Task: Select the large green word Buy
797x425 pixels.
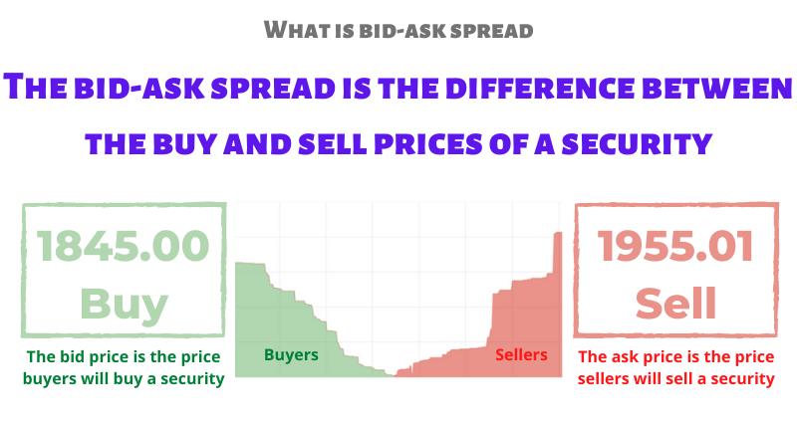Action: point(125,303)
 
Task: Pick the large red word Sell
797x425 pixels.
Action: point(674,303)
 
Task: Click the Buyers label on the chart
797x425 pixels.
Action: point(291,354)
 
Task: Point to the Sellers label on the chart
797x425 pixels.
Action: point(521,354)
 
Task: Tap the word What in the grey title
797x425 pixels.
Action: point(295,30)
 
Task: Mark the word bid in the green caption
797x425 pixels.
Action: point(78,357)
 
